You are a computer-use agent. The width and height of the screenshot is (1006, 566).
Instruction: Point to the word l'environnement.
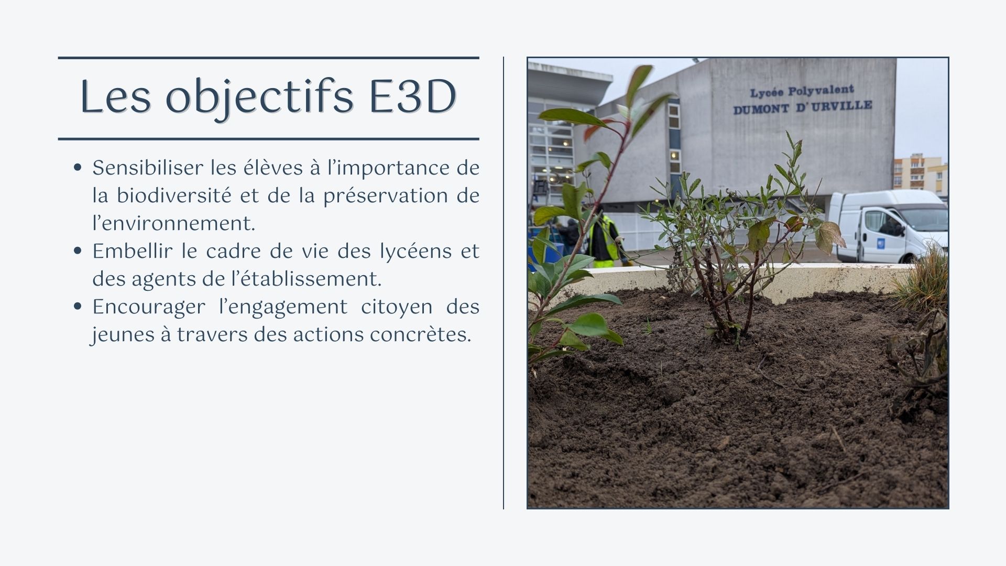click(x=174, y=224)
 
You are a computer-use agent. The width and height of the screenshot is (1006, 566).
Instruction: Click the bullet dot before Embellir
click(x=78, y=252)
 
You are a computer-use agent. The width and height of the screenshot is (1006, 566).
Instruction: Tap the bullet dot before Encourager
click(x=78, y=307)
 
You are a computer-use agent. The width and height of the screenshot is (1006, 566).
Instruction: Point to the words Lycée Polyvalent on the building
click(x=802, y=91)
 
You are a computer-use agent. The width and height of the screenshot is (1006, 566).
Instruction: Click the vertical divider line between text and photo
click(x=504, y=283)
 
